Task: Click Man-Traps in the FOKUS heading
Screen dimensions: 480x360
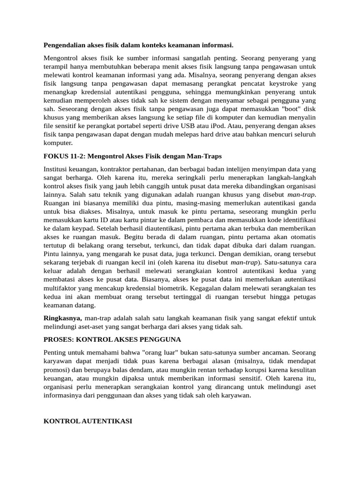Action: (x=204, y=156)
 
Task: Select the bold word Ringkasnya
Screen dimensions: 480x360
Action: (x=62, y=318)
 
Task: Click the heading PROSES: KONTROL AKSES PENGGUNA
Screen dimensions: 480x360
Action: (x=112, y=338)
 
